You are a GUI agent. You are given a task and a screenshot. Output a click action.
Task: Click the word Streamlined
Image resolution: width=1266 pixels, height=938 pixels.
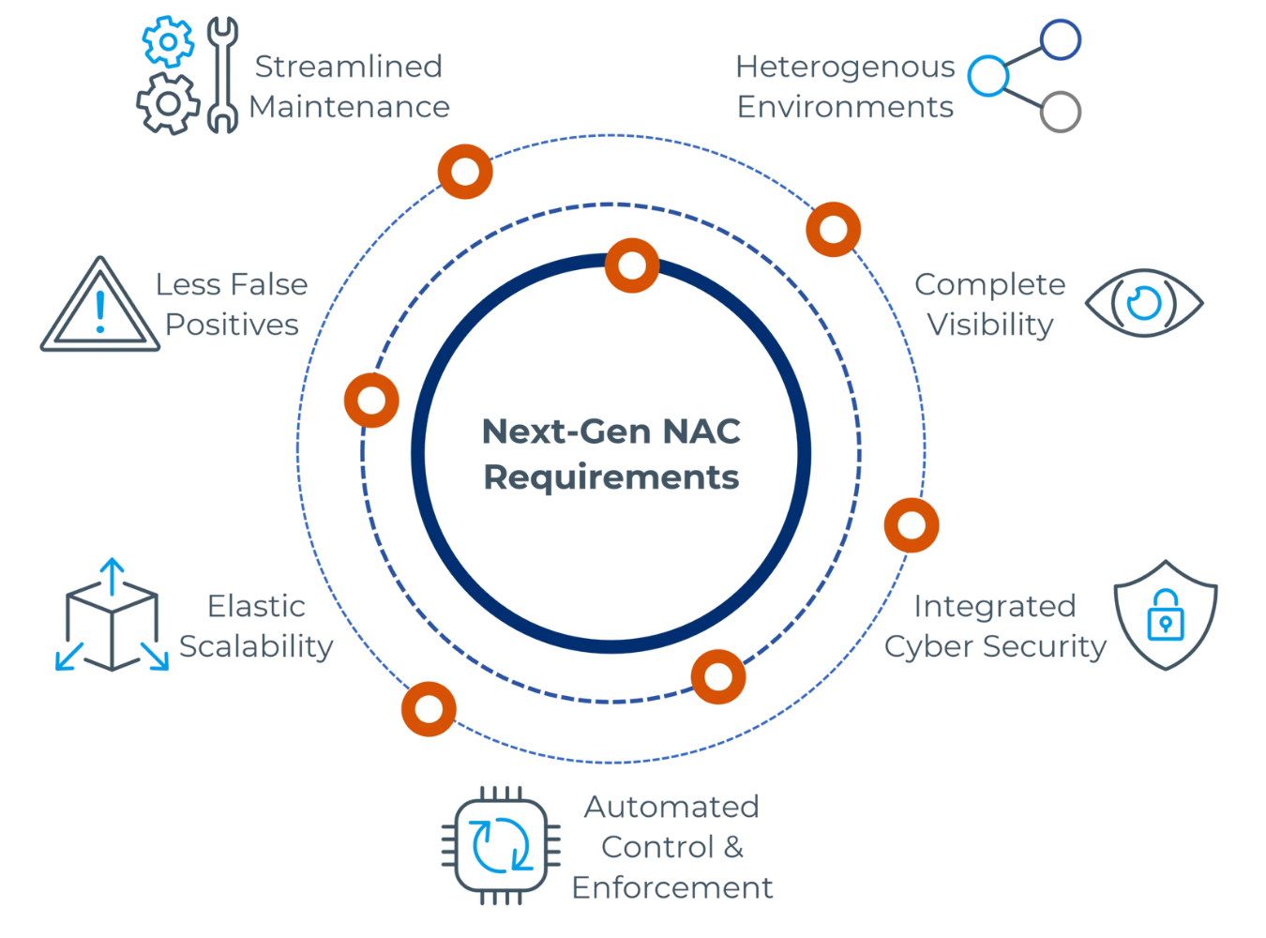[349, 67]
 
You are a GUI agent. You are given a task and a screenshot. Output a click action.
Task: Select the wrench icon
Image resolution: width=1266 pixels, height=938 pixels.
[222, 75]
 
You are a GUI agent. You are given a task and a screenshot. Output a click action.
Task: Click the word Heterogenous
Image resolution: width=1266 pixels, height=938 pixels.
[844, 67]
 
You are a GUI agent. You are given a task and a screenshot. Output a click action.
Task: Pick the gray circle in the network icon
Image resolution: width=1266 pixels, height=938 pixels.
[1061, 112]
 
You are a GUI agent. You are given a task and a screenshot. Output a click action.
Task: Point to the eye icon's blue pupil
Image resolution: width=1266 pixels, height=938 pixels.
[1143, 303]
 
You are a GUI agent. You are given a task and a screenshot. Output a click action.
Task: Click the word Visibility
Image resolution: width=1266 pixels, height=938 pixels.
[990, 325]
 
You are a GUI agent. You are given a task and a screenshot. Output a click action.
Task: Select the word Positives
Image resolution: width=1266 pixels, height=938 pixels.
[233, 325]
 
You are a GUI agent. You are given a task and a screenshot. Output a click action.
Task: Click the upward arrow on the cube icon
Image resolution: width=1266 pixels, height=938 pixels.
[112, 574]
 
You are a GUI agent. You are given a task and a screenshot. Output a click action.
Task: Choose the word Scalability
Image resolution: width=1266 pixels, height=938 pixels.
[256, 646]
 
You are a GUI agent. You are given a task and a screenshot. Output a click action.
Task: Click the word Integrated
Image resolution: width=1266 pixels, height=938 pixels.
[994, 606]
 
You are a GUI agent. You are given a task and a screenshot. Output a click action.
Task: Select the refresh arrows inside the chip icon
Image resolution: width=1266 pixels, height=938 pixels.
[501, 844]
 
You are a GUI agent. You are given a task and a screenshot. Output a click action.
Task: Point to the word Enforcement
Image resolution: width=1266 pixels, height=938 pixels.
[671, 887]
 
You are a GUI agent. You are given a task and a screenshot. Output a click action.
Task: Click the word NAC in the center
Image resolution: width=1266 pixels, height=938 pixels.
[701, 431]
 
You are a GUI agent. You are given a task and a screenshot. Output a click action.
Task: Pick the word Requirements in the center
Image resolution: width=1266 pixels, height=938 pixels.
[611, 477]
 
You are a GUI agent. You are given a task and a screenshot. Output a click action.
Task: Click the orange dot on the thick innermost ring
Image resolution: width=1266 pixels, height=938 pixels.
[632, 265]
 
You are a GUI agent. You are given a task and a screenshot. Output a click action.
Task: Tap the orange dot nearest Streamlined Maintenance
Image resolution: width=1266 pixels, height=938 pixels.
[465, 172]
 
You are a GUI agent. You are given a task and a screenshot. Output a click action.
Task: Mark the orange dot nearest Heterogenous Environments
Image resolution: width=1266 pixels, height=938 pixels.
[833, 229]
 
